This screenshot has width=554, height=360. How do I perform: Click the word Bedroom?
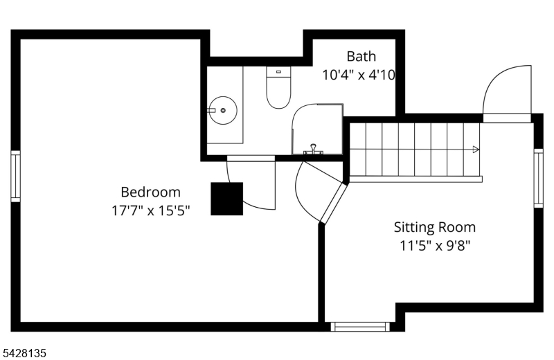click(150, 192)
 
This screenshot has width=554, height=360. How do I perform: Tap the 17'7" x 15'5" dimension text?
click(150, 210)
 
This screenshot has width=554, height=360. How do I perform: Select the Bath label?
click(361, 56)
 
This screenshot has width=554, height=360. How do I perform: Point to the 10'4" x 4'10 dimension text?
click(359, 75)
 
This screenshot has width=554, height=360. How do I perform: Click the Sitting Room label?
click(435, 227)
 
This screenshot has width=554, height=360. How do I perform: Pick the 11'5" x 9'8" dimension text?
click(435, 245)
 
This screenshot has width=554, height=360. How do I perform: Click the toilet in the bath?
click(278, 87)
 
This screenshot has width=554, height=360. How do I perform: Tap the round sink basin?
click(222, 110)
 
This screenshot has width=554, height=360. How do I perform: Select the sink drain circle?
click(223, 111)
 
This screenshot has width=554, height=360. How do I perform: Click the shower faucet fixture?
click(313, 150)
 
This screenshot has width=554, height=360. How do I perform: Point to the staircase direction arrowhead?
click(476, 150)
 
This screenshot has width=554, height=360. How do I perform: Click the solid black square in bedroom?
click(227, 199)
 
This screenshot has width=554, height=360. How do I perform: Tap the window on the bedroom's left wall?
click(15, 177)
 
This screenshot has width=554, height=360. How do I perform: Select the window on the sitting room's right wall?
click(539, 178)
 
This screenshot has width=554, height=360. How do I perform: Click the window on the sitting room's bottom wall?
click(360, 327)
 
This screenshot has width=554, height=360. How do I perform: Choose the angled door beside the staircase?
click(334, 203)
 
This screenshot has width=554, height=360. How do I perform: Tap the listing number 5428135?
click(24, 353)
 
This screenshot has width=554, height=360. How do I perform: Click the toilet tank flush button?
click(278, 72)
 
